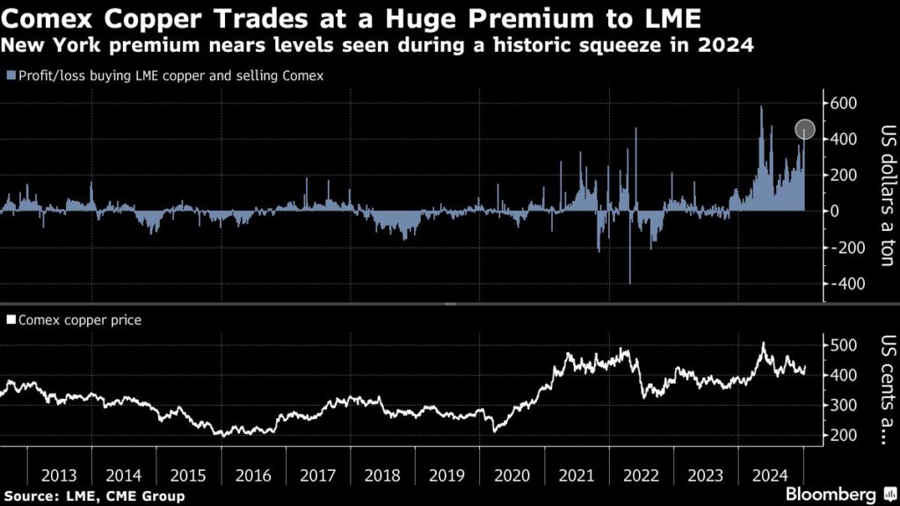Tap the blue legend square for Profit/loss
[x=10, y=76]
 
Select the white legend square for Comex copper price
[x=10, y=321]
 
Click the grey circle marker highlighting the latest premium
[x=805, y=130]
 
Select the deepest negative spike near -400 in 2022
[x=630, y=281]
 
